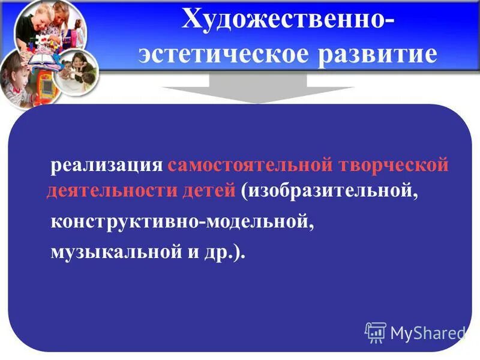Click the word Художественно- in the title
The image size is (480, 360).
pyautogui.click(x=288, y=22)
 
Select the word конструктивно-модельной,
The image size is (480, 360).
pyautogui.click(x=182, y=223)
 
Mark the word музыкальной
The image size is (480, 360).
pyautogui.click(x=117, y=253)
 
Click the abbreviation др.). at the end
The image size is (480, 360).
pyautogui.click(x=228, y=253)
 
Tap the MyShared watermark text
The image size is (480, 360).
pyautogui.click(x=427, y=333)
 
